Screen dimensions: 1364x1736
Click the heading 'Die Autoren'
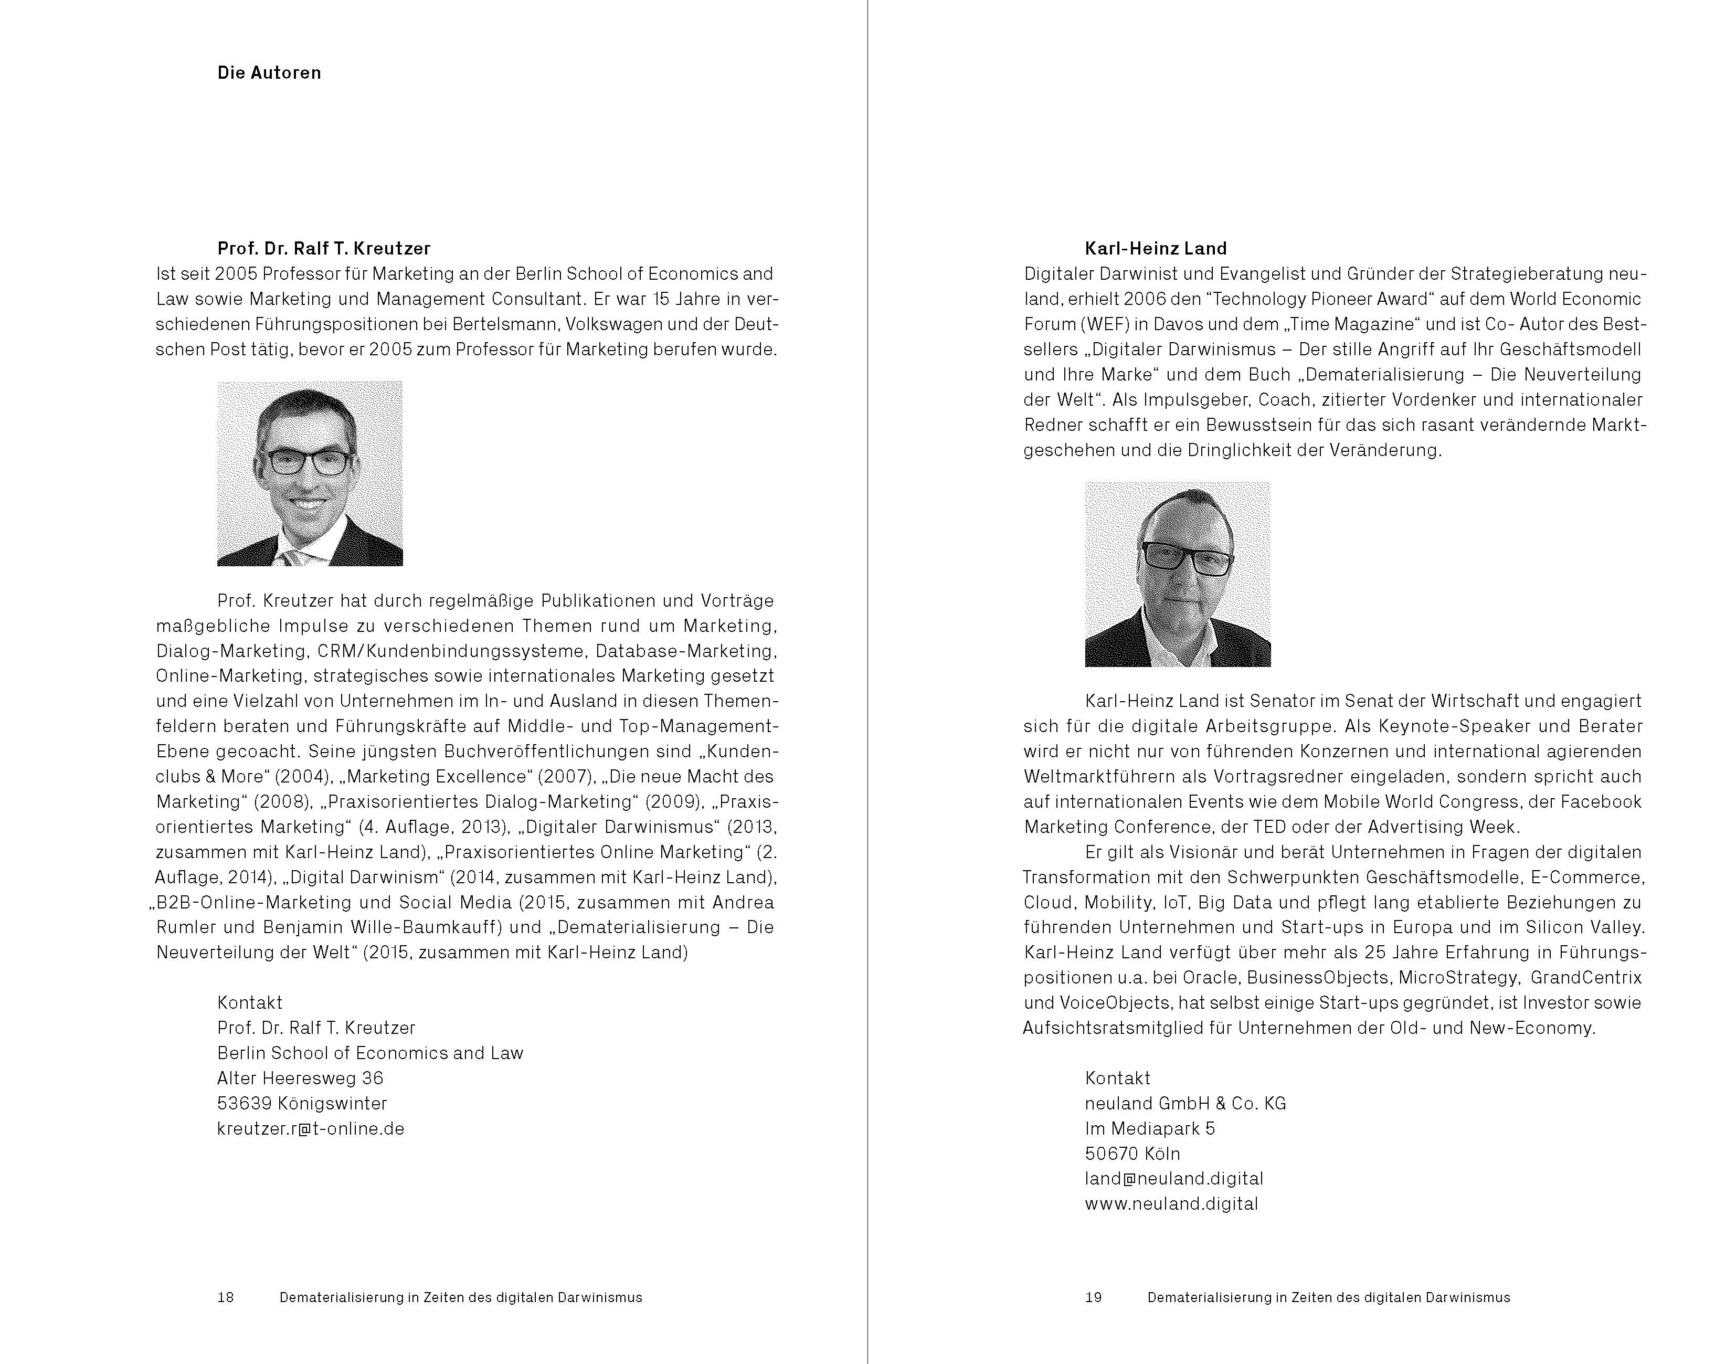pyautogui.click(x=269, y=72)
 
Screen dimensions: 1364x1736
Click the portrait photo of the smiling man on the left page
pyautogui.click(x=310, y=473)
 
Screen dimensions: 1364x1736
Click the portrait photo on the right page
pyautogui.click(x=1177, y=574)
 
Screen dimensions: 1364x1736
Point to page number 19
pyautogui.click(x=1093, y=1298)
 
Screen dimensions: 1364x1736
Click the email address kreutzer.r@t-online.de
pyautogui.click(x=311, y=1128)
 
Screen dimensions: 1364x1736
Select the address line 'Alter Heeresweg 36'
pyautogui.click(x=300, y=1078)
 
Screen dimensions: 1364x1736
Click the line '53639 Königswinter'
pyautogui.click(x=302, y=1104)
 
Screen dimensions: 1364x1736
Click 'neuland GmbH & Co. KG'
pyautogui.click(x=1185, y=1104)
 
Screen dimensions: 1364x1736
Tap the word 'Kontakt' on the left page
pyautogui.click(x=250, y=1003)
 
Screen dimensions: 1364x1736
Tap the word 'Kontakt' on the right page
pyautogui.click(x=1117, y=1078)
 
